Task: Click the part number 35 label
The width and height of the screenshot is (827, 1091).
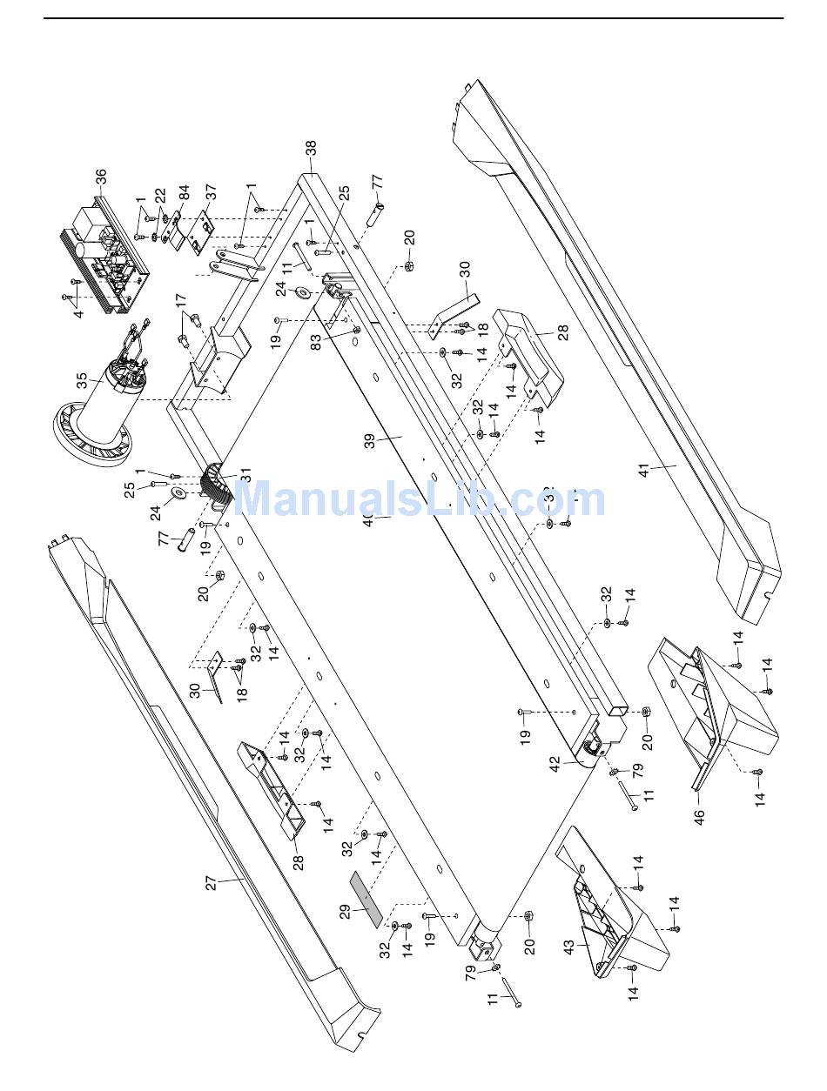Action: (x=82, y=381)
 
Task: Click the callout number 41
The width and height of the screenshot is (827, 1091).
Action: (x=643, y=471)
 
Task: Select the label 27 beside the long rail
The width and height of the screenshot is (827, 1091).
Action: (x=211, y=883)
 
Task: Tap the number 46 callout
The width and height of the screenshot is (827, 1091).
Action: (x=698, y=817)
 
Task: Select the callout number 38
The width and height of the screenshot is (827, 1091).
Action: (x=311, y=150)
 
